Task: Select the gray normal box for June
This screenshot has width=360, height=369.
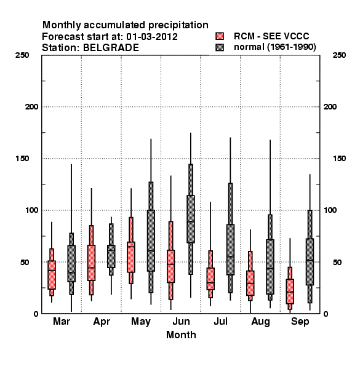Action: point(191,219)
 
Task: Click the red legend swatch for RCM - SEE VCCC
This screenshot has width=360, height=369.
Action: point(220,36)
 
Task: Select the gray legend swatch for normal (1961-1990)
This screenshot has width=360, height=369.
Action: point(220,47)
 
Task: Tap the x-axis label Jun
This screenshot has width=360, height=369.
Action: point(181,322)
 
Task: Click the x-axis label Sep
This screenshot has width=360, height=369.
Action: point(300,322)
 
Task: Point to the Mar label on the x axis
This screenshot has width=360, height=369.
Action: point(62,322)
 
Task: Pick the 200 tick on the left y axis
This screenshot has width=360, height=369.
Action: point(31,107)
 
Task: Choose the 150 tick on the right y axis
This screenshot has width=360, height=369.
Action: point(339,159)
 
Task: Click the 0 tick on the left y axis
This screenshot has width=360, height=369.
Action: point(36,314)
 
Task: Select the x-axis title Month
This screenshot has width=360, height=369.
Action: point(181,335)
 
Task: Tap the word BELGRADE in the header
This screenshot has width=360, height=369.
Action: point(111,48)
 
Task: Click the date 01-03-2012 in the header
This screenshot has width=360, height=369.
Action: point(152,37)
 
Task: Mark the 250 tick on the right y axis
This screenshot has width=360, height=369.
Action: point(339,55)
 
